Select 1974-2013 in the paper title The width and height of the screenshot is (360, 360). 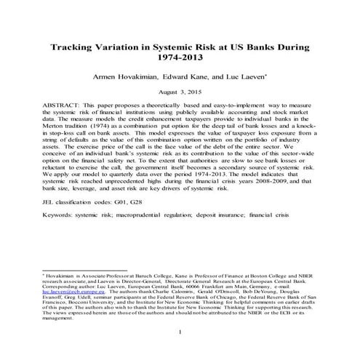pyautogui.click(x=179, y=60)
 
